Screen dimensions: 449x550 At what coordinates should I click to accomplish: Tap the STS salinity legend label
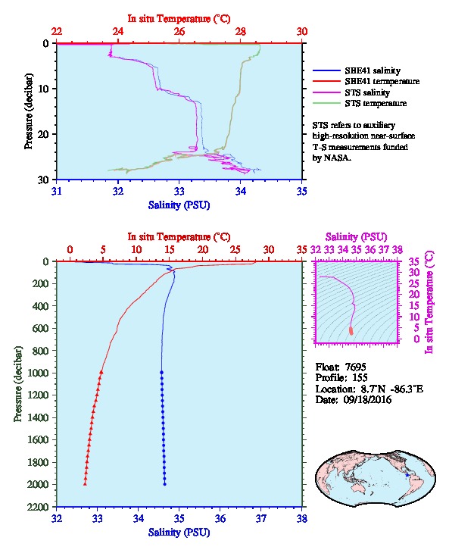click(367, 92)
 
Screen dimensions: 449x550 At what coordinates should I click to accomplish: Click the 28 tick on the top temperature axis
click(241, 32)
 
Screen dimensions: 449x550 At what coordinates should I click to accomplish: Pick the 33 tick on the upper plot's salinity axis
click(179, 191)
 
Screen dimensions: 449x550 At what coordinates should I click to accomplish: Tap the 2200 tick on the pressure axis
click(38, 507)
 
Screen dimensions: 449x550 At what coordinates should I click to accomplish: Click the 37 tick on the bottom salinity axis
click(260, 518)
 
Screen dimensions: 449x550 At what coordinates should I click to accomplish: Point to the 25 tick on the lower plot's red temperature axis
click(235, 249)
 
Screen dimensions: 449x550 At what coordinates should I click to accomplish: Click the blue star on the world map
click(407, 475)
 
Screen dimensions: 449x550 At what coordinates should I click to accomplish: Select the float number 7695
click(355, 367)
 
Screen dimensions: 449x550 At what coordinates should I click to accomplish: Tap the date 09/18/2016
click(367, 399)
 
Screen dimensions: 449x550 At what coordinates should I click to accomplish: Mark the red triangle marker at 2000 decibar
click(85, 484)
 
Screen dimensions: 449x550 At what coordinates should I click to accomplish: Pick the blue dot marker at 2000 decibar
click(165, 484)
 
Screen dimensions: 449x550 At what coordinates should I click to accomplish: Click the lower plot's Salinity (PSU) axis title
click(179, 533)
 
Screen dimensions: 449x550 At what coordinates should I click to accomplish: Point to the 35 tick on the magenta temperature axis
click(414, 261)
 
